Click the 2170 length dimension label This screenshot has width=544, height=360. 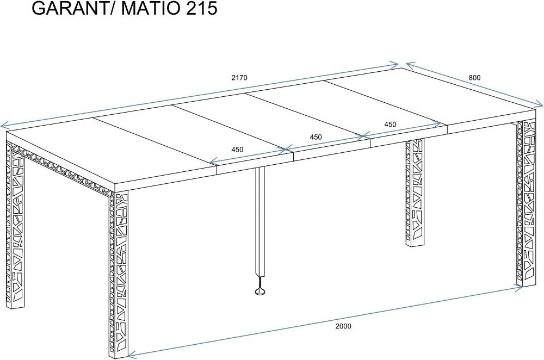coord(239,77)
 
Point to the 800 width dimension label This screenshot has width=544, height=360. coord(474,77)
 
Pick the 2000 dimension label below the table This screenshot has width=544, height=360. coord(343,326)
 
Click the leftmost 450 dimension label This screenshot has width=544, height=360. coord(237,150)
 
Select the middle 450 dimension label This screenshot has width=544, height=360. coord(316,137)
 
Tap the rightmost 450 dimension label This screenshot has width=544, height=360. coord(390,124)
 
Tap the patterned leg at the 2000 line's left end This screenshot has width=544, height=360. coord(119,272)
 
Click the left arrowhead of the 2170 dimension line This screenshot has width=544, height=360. coord(3,125)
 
